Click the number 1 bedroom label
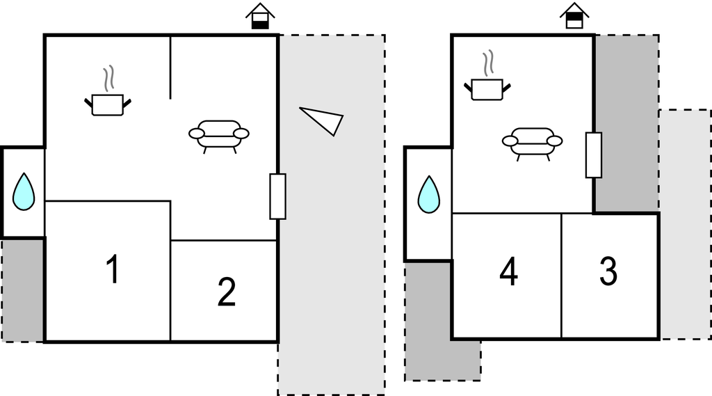click(x=111, y=270)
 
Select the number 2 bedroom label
click(x=227, y=292)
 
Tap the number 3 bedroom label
click(x=608, y=272)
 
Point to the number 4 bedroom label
click(x=508, y=272)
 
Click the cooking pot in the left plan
click(x=108, y=104)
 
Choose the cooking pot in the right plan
click(x=487, y=89)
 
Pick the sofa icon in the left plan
click(x=219, y=134)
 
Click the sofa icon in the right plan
click(x=532, y=141)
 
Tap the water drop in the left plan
click(x=24, y=191)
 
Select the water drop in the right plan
click(x=428, y=194)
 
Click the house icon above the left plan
click(x=261, y=16)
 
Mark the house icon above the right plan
click(x=574, y=16)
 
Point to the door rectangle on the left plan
click(x=277, y=196)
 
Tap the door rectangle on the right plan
click(x=593, y=155)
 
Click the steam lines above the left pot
click(x=108, y=79)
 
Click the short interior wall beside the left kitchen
click(x=170, y=68)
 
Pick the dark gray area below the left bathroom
click(x=23, y=290)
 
